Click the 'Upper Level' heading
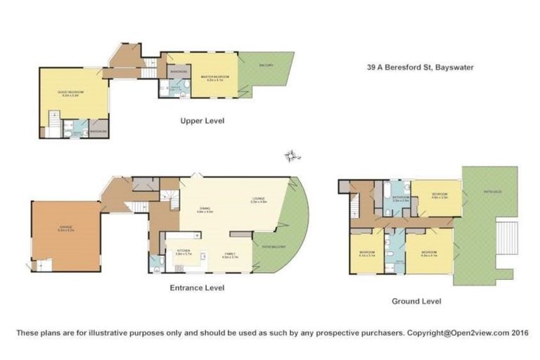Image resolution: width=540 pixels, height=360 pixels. tap(202, 120)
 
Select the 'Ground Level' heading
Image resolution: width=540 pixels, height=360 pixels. tap(416, 301)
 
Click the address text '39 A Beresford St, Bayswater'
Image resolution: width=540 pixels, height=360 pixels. tap(420, 67)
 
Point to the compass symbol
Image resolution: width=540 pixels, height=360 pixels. tap(289, 155)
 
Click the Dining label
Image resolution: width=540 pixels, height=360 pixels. tap(205, 209)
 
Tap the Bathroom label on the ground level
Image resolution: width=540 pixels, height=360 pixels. tap(401, 199)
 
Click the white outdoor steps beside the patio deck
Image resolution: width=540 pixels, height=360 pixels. tap(507, 238)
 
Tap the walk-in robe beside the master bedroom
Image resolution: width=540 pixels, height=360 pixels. tap(176, 72)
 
